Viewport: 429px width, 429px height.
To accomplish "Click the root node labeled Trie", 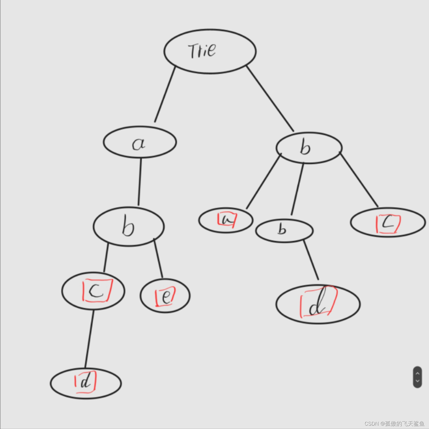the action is [x=210, y=51].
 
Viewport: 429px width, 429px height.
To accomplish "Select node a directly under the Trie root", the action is [x=140, y=142].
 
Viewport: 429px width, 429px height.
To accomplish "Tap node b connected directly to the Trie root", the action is [x=309, y=148].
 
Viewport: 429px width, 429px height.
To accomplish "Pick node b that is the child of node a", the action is [x=129, y=226].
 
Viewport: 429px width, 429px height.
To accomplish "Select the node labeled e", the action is [x=165, y=296].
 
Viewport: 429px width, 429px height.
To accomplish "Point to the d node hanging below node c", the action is [x=86, y=383].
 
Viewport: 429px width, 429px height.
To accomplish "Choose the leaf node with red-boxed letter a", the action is [x=226, y=220].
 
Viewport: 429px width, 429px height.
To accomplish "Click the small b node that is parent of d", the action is [x=284, y=230].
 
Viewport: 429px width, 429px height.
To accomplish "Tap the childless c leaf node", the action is [x=388, y=222].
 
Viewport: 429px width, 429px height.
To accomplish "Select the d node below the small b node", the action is [x=318, y=304].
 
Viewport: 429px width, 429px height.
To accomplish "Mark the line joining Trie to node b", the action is [x=270, y=98].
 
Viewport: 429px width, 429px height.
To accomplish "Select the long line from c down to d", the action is [x=89, y=339].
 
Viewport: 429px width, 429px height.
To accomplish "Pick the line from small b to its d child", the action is [x=311, y=260].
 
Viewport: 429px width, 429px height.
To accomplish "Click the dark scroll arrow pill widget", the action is [x=417, y=377].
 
